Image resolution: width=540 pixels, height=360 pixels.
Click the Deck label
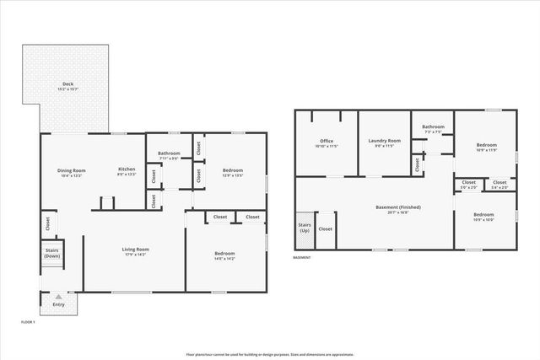click(x=67, y=86)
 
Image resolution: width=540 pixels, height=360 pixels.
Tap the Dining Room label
click(x=72, y=172)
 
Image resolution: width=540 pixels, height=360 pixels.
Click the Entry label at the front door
click(x=58, y=304)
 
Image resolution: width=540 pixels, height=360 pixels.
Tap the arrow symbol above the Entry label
click(x=58, y=297)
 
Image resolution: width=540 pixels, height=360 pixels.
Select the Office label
click(x=327, y=143)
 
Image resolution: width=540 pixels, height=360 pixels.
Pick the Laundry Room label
click(x=384, y=143)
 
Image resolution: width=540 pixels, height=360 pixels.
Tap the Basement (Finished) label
click(x=398, y=209)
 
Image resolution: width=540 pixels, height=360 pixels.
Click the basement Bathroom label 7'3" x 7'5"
click(x=433, y=129)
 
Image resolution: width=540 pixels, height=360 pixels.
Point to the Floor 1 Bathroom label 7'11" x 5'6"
click(x=168, y=155)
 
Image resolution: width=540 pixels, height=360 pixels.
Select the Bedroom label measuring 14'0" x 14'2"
click(x=224, y=255)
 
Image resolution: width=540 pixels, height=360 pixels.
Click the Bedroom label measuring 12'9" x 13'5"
click(x=233, y=173)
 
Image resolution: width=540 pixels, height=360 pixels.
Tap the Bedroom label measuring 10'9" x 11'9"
click(x=486, y=147)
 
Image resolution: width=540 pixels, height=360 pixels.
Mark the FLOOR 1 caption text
click(x=28, y=321)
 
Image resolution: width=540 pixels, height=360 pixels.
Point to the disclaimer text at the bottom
click(x=269, y=352)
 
